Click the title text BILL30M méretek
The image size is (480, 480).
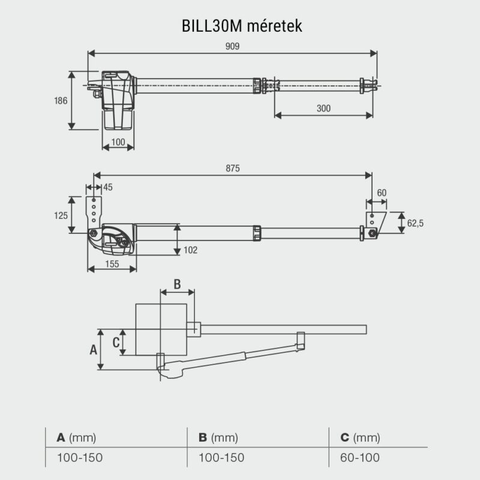pyautogui.click(x=240, y=27)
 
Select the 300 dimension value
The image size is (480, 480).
pyautogui.click(x=324, y=109)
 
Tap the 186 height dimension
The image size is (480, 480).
pyautogui.click(x=61, y=100)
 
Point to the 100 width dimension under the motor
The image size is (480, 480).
pyautogui.click(x=118, y=142)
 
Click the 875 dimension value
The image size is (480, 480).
pyautogui.click(x=233, y=169)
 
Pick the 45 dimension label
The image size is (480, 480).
pyautogui.click(x=108, y=187)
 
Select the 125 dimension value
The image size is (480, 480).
pyautogui.click(x=61, y=215)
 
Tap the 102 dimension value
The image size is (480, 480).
pyautogui.click(x=191, y=250)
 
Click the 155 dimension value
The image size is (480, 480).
pyautogui.click(x=112, y=263)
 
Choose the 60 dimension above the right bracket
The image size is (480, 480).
pyautogui.click(x=382, y=193)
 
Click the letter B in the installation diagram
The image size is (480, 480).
pyautogui.click(x=177, y=283)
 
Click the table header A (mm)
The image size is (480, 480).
pyautogui.click(x=76, y=437)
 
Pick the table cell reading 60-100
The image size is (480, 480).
pyautogui.click(x=360, y=458)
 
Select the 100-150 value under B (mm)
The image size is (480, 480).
pyautogui.click(x=221, y=458)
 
